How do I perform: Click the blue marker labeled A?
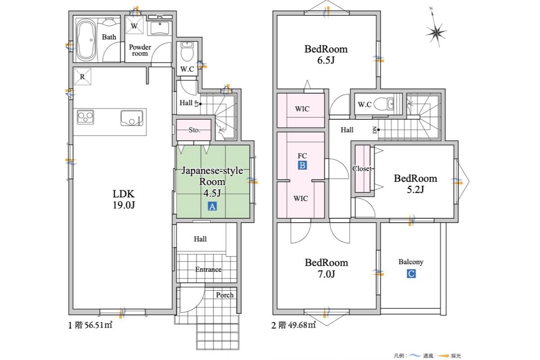click(212, 207)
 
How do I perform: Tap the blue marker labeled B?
click(302, 166)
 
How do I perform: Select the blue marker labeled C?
click(411, 274)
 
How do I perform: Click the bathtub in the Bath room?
click(85, 40)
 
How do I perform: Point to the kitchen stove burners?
click(85, 117)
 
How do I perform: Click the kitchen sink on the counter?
click(131, 118)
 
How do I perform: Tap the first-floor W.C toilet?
click(187, 51)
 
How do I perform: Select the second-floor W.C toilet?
click(385, 104)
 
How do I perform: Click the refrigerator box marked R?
click(82, 76)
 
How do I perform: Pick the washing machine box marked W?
click(134, 26)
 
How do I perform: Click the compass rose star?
click(436, 33)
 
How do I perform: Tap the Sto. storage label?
click(194, 130)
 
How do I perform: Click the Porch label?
click(225, 295)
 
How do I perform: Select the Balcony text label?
click(411, 262)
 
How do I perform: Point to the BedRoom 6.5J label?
click(326, 54)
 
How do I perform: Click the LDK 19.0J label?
click(124, 199)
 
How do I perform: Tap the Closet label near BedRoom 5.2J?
click(362, 168)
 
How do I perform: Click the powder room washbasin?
click(160, 28)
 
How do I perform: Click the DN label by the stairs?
click(374, 130)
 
